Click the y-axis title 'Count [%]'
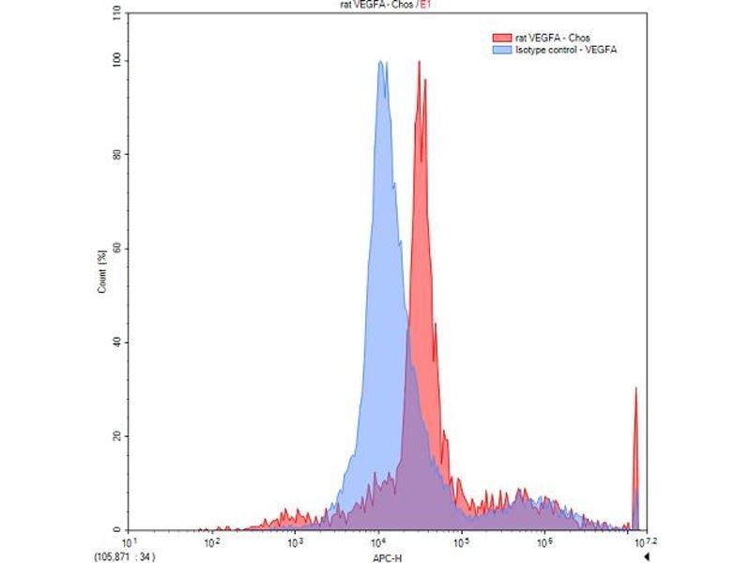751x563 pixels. [101, 272]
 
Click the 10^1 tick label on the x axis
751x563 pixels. [130, 541]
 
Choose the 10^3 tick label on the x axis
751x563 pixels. [295, 541]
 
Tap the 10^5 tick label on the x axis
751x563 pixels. [461, 541]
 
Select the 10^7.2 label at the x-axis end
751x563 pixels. [641, 541]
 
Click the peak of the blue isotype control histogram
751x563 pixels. [381, 63]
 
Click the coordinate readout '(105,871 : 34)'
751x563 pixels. [132, 555]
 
